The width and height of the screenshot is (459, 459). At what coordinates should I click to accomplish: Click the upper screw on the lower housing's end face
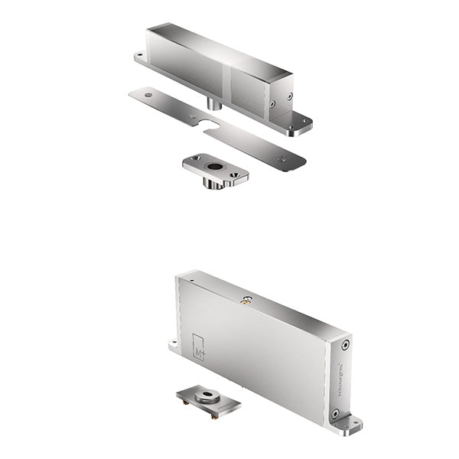(346, 345)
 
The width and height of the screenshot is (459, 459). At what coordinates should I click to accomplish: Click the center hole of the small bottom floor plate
(207, 397)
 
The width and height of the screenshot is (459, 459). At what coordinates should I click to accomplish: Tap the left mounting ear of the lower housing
(174, 345)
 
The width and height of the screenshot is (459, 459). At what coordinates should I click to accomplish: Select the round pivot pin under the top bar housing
(215, 103)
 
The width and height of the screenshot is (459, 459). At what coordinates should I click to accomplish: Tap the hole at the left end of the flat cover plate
(148, 94)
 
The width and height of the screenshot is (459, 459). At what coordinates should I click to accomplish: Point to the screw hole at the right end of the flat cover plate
(282, 158)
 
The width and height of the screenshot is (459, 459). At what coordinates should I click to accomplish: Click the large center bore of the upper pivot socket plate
(215, 165)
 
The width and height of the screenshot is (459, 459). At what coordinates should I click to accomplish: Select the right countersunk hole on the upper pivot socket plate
(234, 175)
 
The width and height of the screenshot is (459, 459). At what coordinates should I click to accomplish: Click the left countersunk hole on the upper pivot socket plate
(196, 158)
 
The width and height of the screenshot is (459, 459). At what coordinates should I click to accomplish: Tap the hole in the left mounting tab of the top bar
(140, 56)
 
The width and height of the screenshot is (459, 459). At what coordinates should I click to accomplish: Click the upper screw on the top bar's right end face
(289, 96)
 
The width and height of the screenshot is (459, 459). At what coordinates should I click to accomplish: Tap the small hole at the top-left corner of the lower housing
(191, 281)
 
